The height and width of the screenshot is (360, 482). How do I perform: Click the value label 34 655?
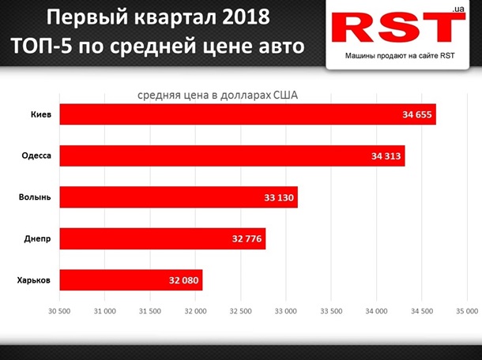(x=416, y=114)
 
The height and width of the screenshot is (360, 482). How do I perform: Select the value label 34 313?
(x=386, y=156)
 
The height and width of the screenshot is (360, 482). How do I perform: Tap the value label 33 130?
(x=280, y=197)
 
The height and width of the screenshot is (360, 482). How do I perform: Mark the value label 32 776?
(x=247, y=238)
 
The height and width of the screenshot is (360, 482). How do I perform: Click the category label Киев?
(x=40, y=114)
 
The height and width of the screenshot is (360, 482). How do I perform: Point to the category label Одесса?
(x=36, y=156)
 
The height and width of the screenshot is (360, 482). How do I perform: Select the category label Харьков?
(x=34, y=279)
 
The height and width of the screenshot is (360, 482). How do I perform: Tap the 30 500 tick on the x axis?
(x=59, y=310)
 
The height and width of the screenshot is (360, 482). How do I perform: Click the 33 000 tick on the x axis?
(x=285, y=310)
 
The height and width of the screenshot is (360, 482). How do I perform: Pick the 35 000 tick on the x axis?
(x=466, y=310)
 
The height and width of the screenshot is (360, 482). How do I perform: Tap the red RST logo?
(x=398, y=28)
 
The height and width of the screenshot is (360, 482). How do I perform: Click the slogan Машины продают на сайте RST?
(x=399, y=56)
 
